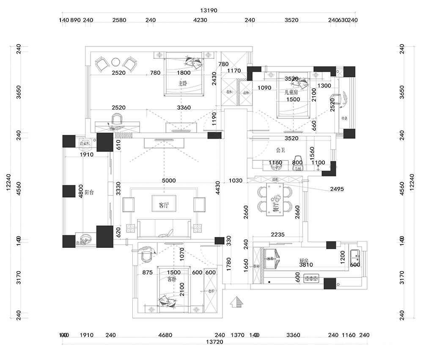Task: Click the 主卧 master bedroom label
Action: (x=182, y=83)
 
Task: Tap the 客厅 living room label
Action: (x=164, y=206)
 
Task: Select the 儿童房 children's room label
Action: (x=291, y=92)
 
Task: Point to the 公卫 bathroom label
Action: (x=280, y=150)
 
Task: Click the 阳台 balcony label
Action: (x=89, y=192)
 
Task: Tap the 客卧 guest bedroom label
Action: (x=172, y=279)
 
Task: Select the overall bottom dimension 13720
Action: (x=215, y=342)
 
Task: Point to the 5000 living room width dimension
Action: (x=168, y=181)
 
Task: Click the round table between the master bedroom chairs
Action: (x=115, y=63)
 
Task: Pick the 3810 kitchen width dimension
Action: (x=305, y=264)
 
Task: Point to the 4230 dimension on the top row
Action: (x=200, y=20)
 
